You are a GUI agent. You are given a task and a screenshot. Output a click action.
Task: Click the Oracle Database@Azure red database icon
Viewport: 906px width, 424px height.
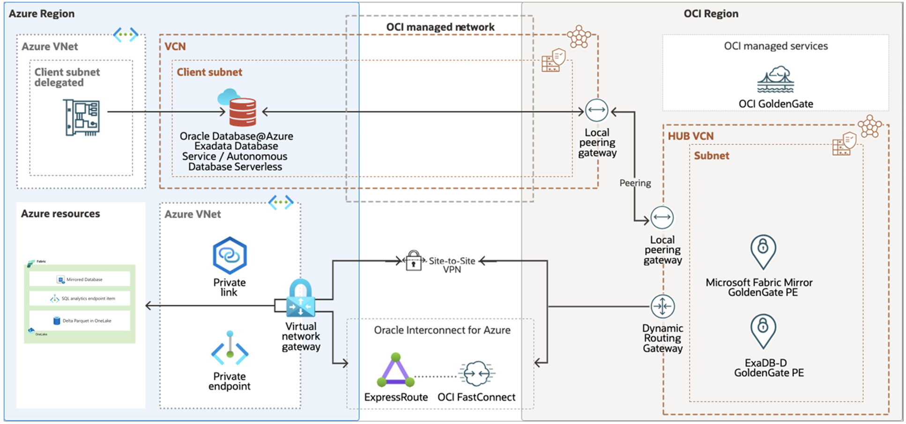tap(242, 111)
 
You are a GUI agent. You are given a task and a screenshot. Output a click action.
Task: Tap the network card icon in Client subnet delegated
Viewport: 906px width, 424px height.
tap(82, 117)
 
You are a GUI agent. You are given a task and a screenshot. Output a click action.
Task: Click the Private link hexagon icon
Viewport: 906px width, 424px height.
tap(230, 256)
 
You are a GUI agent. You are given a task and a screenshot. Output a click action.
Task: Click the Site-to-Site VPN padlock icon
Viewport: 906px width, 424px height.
tap(413, 260)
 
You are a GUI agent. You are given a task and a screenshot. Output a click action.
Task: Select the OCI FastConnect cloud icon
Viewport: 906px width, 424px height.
tap(476, 373)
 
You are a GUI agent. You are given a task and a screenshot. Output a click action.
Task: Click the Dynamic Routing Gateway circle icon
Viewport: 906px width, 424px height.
tap(662, 307)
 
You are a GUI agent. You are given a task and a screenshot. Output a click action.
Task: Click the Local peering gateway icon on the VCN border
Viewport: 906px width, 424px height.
tap(596, 111)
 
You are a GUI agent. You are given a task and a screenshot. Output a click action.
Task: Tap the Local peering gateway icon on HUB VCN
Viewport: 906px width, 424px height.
tap(662, 217)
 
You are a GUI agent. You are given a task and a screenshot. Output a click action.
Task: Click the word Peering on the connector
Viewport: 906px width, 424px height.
tap(635, 183)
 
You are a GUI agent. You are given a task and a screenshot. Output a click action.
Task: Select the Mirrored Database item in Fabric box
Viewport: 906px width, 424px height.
tap(80, 279)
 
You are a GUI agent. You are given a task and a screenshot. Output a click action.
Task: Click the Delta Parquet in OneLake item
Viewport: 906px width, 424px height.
tap(80, 321)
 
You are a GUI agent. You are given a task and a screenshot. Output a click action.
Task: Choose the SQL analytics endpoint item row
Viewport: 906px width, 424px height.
tap(80, 299)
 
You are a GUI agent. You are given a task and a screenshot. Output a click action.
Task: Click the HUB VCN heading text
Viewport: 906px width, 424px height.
tap(691, 136)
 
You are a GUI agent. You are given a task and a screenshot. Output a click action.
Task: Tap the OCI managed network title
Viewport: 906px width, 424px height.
tap(440, 27)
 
